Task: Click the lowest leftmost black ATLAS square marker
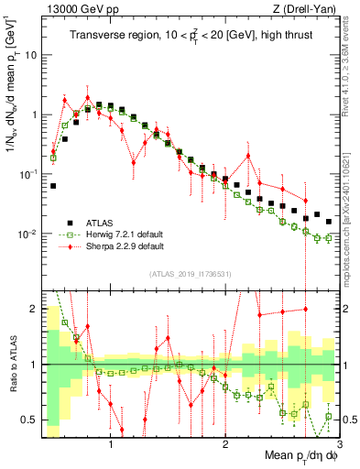53,186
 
